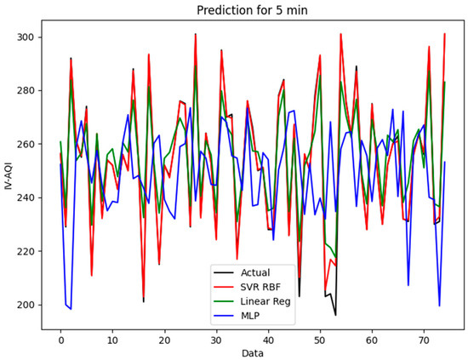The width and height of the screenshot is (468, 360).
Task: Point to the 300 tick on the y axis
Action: [x=28, y=37]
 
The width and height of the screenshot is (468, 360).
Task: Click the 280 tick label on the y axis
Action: [x=28, y=91]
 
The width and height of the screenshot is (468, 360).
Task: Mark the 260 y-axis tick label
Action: [x=28, y=145]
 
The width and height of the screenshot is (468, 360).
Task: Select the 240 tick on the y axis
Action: [x=28, y=197]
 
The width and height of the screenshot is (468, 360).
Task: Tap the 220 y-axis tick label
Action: [x=28, y=251]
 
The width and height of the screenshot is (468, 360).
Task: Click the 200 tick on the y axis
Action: [x=28, y=305]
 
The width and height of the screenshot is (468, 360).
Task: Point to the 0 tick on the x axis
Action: [x=60, y=337]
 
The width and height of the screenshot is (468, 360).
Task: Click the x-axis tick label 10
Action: [x=112, y=337]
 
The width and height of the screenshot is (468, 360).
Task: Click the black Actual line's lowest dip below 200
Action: [x=335, y=315]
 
